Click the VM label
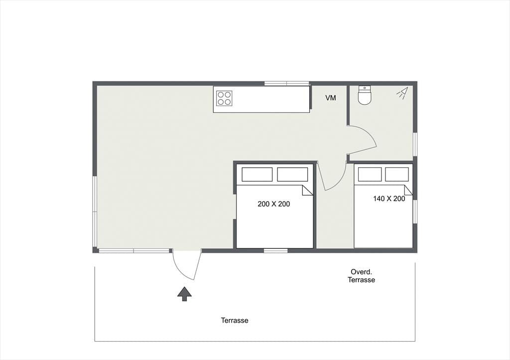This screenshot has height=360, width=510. [x=331, y=98]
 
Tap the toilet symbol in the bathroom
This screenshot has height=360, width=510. [x=365, y=95]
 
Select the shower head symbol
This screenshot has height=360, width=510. [x=402, y=93]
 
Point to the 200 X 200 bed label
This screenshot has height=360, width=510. [x=273, y=204]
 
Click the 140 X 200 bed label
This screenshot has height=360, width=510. [x=389, y=199]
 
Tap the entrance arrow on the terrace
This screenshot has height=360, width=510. [x=184, y=294]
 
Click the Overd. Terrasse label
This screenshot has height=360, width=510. [x=362, y=276]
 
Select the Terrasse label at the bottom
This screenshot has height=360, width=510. [x=235, y=320]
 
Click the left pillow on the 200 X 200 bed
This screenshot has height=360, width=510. [x=257, y=174]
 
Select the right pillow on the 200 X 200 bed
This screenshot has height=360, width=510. [x=292, y=174]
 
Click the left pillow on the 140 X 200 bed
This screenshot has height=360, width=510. [x=370, y=174]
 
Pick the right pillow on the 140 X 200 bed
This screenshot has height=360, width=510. [x=397, y=174]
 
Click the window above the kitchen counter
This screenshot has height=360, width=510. [x=286, y=84]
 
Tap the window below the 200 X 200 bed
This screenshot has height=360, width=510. [x=275, y=251]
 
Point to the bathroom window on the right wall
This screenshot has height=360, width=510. [x=415, y=144]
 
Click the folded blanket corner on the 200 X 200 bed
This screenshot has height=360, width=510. [x=308, y=190]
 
